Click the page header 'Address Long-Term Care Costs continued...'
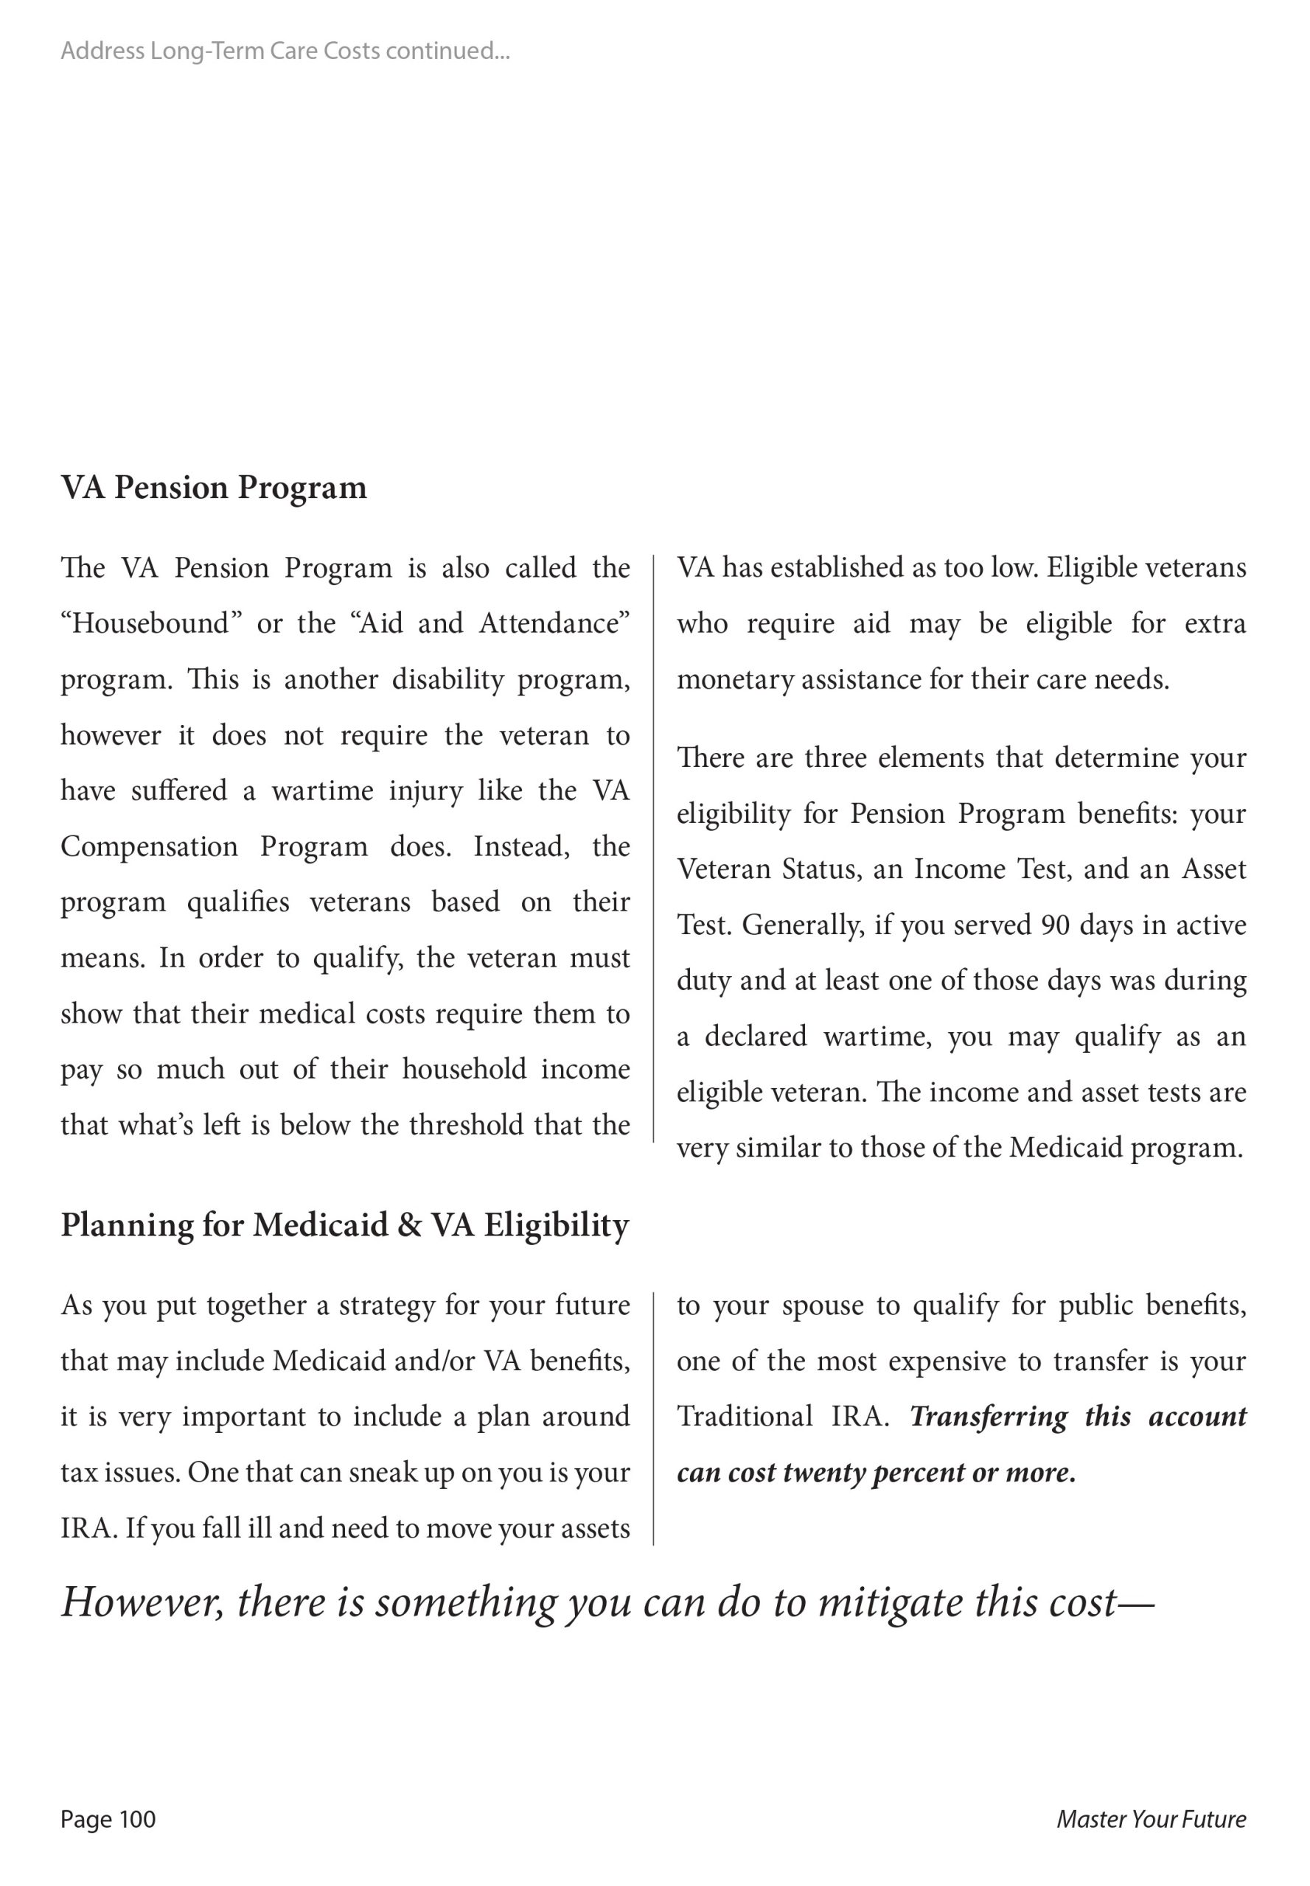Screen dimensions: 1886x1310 pos(285,51)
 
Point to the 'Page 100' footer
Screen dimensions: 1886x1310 pos(108,1819)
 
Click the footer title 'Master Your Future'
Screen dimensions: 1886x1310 pos(1151,1819)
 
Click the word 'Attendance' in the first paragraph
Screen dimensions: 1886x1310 pos(553,623)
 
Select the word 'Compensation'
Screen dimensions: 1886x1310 pos(149,846)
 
